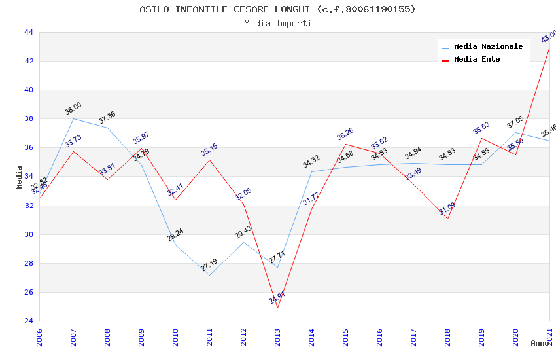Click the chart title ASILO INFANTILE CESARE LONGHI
[x=277, y=9]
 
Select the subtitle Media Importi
[x=277, y=23]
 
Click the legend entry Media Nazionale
[x=488, y=46]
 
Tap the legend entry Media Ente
[x=477, y=59]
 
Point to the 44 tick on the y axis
[x=28, y=32]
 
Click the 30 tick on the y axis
[x=28, y=234]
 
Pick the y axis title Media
[x=20, y=177]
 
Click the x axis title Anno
[x=540, y=343]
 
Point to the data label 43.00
[x=549, y=36]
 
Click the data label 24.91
[x=277, y=298]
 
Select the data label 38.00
[x=73, y=108]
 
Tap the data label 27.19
[x=209, y=265]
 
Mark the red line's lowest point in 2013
[x=277, y=308]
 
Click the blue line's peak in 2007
[x=73, y=118]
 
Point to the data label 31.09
[x=447, y=209]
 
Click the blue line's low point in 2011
[x=209, y=275]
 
